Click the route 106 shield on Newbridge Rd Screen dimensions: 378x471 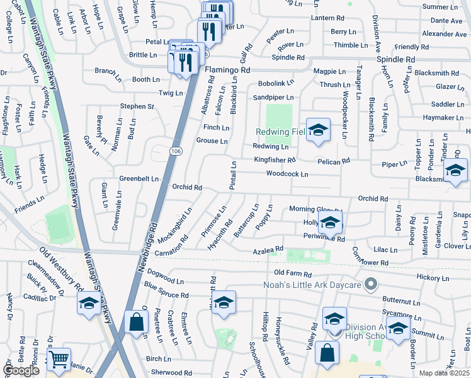coord(176,152)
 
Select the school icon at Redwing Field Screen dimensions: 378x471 coord(319,130)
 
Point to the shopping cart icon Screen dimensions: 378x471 coord(59,360)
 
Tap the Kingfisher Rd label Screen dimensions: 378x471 coord(275,160)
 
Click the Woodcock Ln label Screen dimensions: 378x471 coord(287,173)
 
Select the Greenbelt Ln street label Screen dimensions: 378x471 coord(139,179)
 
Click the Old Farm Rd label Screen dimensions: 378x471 coord(293,274)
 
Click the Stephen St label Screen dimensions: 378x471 coord(137,106)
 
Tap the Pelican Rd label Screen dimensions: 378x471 coord(334,162)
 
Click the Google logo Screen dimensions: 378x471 coord(21,370)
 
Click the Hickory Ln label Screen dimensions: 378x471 coord(434,277)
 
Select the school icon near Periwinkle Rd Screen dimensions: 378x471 coord(330,222)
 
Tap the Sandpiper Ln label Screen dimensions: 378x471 coord(273,98)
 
